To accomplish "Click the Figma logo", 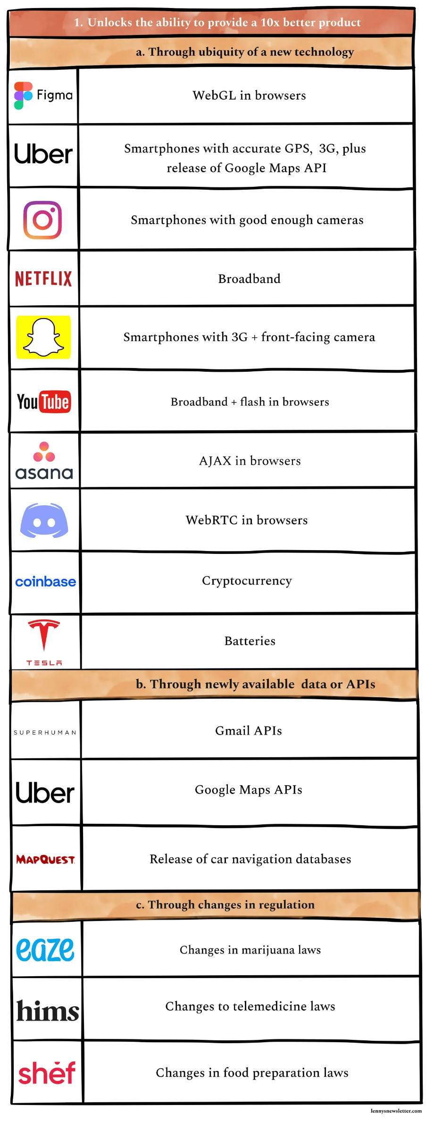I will pos(43,95).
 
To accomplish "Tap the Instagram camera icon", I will pos(42,220).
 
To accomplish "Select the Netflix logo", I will pos(43,279).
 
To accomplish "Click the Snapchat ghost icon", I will pos(43,337).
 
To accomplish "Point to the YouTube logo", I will pos(44,402).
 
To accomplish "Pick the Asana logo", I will pos(44,461).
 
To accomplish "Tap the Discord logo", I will pos(44,520).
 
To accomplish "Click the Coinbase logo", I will pos(45,582).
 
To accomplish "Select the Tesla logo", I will pos(44,642).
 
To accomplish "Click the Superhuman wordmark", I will pos(45,732).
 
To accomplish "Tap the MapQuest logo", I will pos(45,860).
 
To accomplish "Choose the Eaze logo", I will pos(45,949).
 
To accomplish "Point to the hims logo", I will pos(47,1011).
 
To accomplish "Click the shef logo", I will pos(47,1072).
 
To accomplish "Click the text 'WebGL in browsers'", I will pos(249,95).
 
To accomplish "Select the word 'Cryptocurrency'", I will pos(247,581).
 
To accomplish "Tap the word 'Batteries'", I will pos(250,641).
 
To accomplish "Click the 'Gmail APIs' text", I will pos(248,731).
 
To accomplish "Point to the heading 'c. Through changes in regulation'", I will pos(225,904).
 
